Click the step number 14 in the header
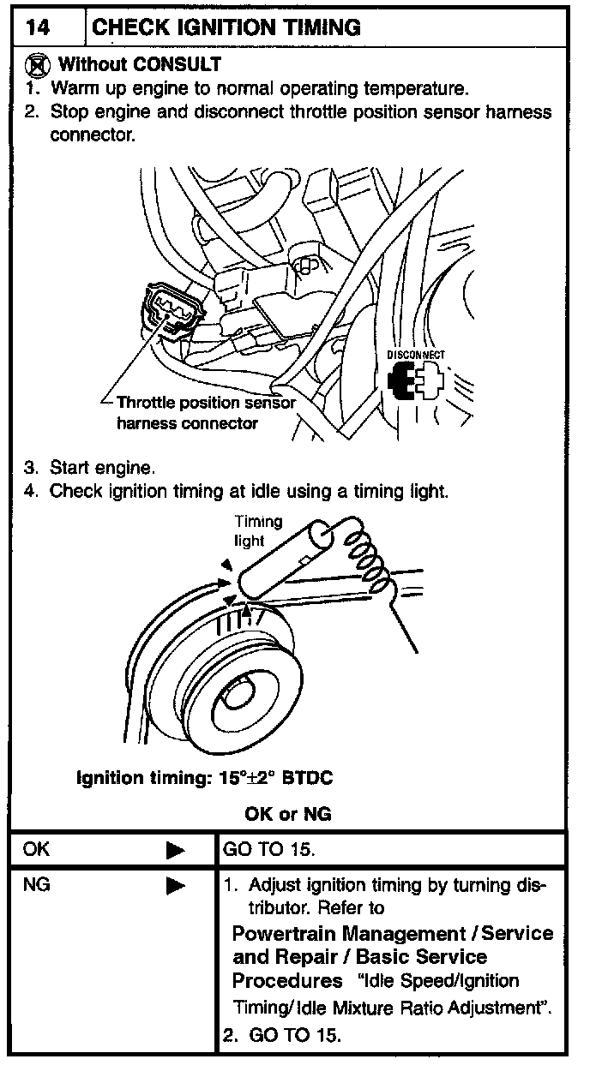coord(38,27)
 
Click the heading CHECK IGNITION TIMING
coord(226,27)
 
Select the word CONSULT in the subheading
coord(177,64)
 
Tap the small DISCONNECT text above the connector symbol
coord(416,355)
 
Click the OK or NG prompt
coord(287,813)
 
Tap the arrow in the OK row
coord(176,851)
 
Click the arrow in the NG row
coord(176,886)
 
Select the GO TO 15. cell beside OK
coord(269,850)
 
